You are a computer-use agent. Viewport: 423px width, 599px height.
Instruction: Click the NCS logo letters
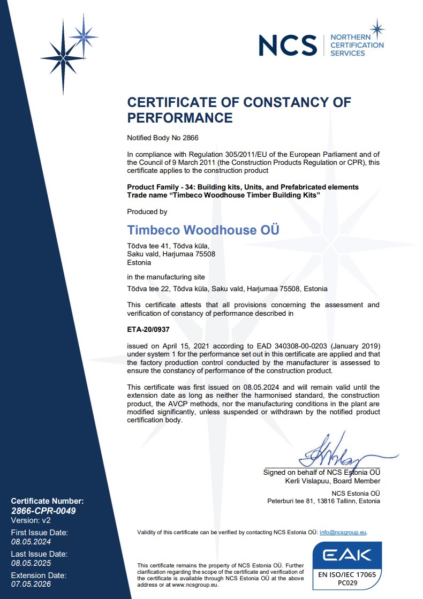click(288, 45)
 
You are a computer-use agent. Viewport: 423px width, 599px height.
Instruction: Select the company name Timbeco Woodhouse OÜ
click(203, 230)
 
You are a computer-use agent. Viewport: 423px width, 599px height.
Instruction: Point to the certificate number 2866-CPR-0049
click(43, 511)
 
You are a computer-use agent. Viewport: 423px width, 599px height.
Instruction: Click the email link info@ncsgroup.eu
click(343, 532)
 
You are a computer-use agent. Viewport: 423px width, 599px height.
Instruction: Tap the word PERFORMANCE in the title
click(179, 118)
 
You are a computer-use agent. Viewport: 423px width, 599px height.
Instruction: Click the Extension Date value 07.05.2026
click(31, 584)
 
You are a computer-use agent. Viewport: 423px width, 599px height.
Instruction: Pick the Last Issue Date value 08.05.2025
click(31, 563)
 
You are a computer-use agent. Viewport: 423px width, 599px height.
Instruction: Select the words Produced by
click(147, 212)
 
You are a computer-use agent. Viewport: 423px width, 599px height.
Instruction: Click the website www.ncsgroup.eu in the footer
click(197, 585)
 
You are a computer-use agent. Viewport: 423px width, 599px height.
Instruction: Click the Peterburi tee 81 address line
click(323, 501)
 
